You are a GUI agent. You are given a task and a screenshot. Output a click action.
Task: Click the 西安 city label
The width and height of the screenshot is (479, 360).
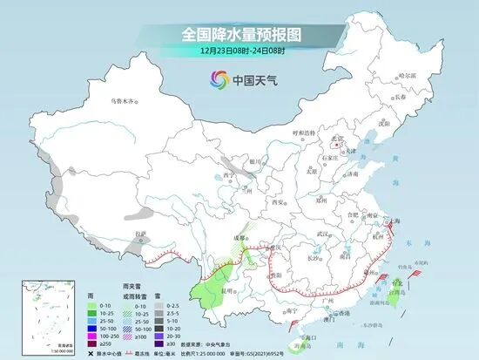coord(278,202)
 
